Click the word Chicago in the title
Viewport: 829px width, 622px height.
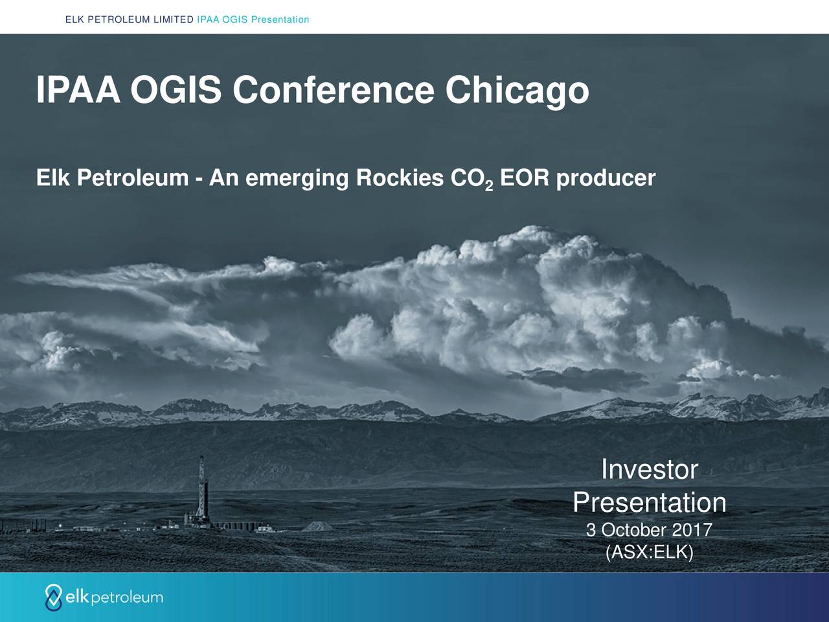pyautogui.click(x=517, y=91)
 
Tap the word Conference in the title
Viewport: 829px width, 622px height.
pyautogui.click(x=333, y=90)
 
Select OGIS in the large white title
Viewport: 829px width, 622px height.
pyautogui.click(x=176, y=90)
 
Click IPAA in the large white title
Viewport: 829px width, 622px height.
pyautogui.click(x=78, y=90)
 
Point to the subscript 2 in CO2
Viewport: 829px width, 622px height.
pyautogui.click(x=489, y=186)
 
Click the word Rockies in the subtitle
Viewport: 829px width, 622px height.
pyautogui.click(x=400, y=178)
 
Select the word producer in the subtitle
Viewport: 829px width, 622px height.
pyautogui.click(x=606, y=178)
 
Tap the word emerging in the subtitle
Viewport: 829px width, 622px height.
pyautogui.click(x=297, y=179)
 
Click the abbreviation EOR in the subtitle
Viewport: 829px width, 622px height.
pyautogui.click(x=524, y=178)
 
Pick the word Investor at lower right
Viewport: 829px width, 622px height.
pyautogui.click(x=649, y=470)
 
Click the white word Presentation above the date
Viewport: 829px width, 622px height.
pyautogui.click(x=650, y=502)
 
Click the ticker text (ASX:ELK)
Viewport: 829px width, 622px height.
pyautogui.click(x=649, y=552)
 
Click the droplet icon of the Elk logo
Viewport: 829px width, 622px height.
pyautogui.click(x=53, y=597)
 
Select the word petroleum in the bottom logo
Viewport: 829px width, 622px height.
pyautogui.click(x=128, y=598)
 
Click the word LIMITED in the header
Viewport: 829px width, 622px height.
pyautogui.click(x=174, y=19)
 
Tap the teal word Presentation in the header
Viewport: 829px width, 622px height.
pyautogui.click(x=280, y=19)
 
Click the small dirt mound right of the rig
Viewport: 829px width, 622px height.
pyautogui.click(x=317, y=526)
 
